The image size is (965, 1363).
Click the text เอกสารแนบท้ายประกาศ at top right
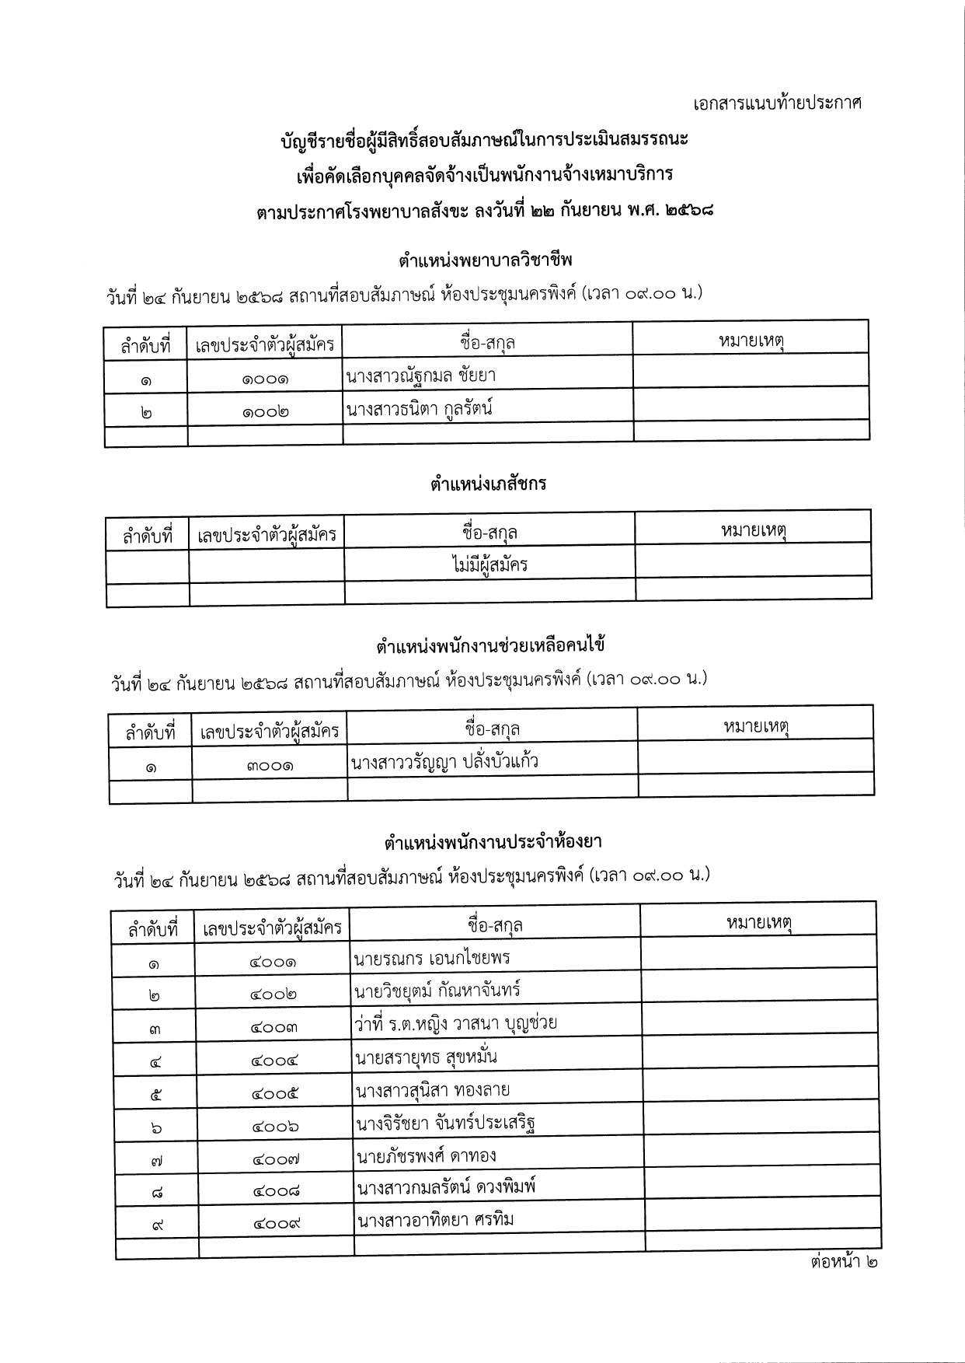(x=778, y=103)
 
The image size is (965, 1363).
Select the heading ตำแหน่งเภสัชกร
(x=488, y=484)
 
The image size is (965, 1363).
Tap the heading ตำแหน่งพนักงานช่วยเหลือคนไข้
(x=490, y=645)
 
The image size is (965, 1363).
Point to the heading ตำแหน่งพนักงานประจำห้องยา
(x=493, y=841)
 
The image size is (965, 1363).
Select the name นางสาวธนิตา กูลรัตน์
(x=420, y=409)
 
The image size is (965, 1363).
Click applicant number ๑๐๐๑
(x=265, y=380)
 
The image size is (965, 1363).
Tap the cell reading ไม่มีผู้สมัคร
(x=489, y=564)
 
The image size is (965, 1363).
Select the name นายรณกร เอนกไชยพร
(x=432, y=958)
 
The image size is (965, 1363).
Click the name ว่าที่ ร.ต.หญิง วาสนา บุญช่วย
(x=455, y=1023)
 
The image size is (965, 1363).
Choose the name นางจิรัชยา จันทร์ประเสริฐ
(x=446, y=1124)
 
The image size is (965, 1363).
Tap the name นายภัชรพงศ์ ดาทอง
(x=426, y=1156)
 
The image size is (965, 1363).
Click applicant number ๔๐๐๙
(x=276, y=1224)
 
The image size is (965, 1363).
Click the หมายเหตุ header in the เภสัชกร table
(x=754, y=532)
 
